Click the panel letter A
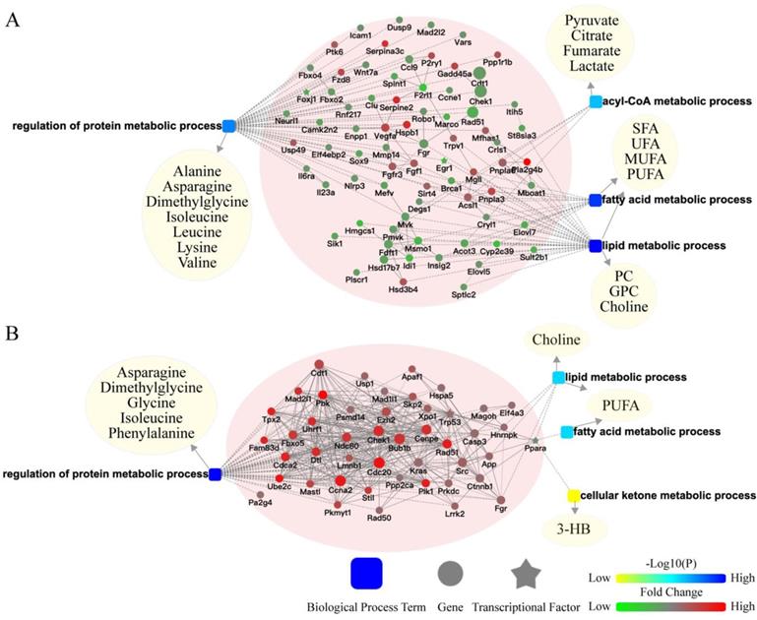point(14,20)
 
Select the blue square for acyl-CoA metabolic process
point(595,101)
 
